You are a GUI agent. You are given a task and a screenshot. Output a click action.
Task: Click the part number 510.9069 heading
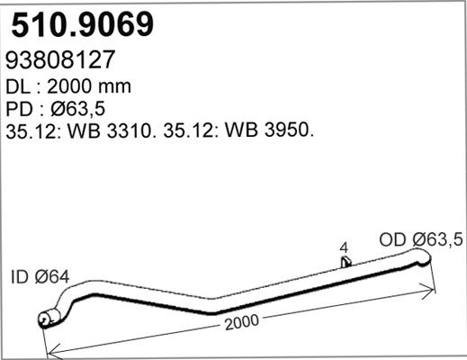82,24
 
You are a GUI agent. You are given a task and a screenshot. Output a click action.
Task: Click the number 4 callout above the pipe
345,246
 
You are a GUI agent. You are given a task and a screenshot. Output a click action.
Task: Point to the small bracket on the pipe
346,262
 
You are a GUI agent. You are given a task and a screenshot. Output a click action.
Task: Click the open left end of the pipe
42,319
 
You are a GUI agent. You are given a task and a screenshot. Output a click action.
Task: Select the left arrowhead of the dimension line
49,352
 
